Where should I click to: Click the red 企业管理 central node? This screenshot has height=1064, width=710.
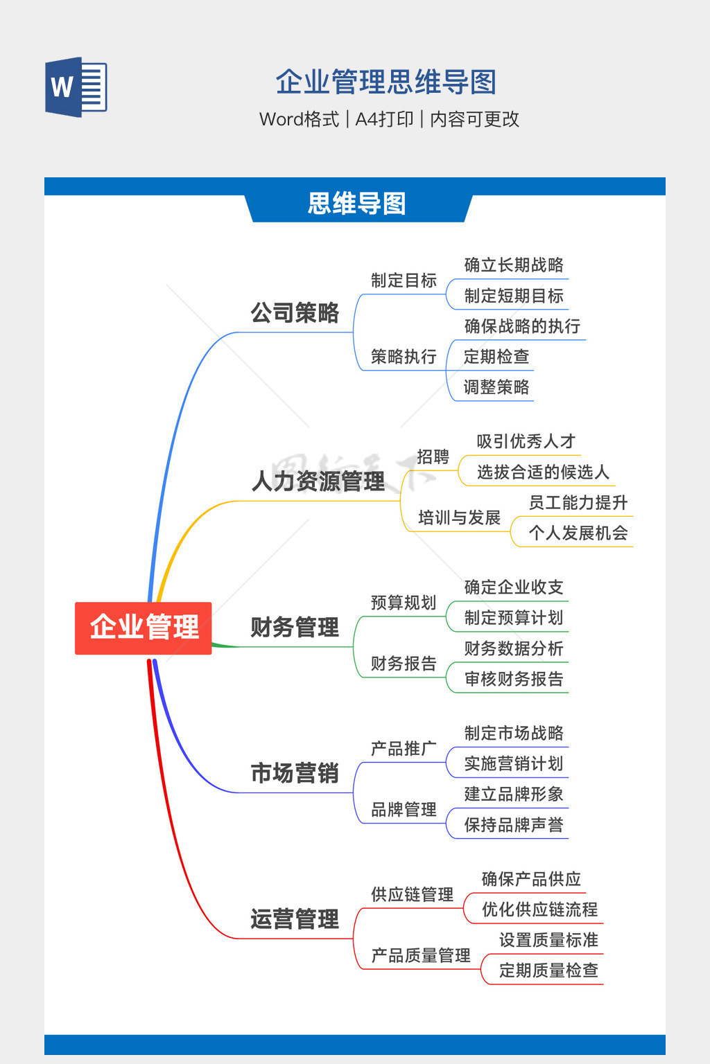point(143,628)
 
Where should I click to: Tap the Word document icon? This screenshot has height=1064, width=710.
point(76,87)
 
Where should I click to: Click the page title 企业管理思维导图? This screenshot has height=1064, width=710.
point(386,82)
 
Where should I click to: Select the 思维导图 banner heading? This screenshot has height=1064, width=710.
point(356,204)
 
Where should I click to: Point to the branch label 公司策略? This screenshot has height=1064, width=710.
point(295,312)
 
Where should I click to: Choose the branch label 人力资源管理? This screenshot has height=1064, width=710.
point(318,481)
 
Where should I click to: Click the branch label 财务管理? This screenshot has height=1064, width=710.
point(295,627)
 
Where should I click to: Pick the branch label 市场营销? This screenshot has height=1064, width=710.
point(295,773)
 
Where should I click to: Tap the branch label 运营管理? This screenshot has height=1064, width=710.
point(295,919)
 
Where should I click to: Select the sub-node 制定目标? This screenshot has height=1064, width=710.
point(404,281)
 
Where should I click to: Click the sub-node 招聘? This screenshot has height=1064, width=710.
point(433,456)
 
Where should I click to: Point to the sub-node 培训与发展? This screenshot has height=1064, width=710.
point(460,517)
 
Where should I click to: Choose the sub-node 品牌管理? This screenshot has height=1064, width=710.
point(404,809)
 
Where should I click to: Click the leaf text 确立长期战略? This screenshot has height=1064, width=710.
point(514,265)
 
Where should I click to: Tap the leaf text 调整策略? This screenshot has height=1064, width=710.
point(496,387)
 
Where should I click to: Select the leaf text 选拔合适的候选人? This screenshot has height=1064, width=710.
point(543,472)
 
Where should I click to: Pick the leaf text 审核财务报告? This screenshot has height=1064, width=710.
point(514,680)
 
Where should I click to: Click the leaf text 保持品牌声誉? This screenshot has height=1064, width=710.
point(514,825)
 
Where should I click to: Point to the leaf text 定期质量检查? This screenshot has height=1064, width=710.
point(548,970)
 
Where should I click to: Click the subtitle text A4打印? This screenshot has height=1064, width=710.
point(384,119)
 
